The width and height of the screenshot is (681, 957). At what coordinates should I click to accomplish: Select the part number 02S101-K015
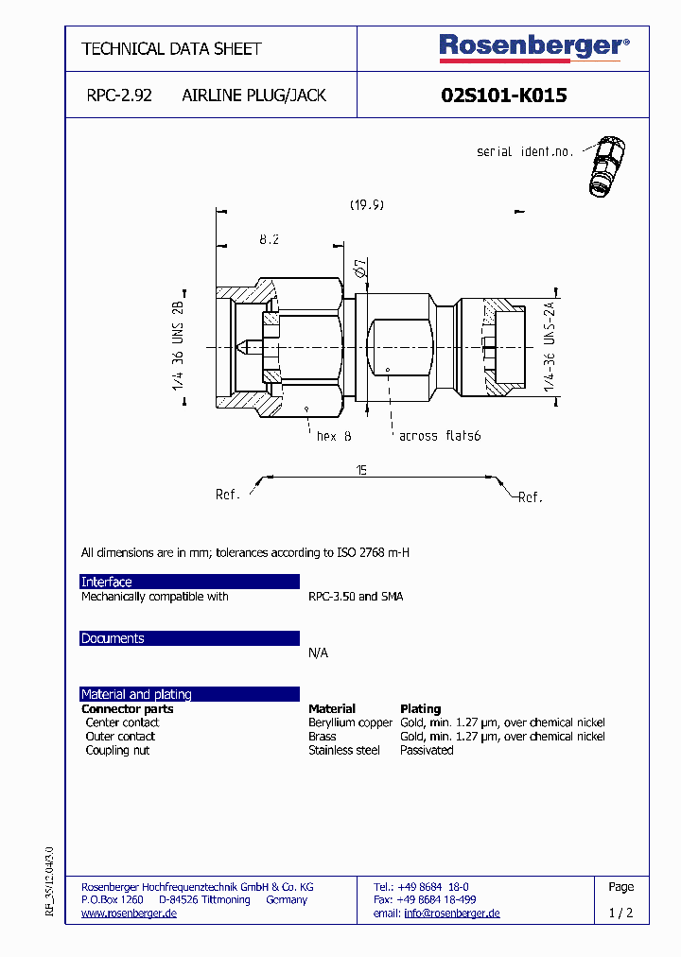pos(504,96)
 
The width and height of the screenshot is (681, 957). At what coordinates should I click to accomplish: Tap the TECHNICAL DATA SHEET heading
pos(171,48)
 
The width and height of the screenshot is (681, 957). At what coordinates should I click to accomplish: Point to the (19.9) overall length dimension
pos(366,204)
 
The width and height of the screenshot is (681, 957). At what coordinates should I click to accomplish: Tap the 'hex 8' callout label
pos(334,436)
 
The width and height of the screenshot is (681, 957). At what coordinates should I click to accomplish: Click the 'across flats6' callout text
pos(440,436)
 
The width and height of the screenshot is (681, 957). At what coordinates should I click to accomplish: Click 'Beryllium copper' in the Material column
pos(350,722)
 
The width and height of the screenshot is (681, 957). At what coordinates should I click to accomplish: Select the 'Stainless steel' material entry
pos(344,750)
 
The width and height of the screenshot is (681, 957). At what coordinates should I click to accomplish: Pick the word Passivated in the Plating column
pos(427,750)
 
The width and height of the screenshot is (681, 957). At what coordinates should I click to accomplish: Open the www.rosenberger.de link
pos(129,913)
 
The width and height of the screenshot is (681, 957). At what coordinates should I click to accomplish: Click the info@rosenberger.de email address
pos(451,913)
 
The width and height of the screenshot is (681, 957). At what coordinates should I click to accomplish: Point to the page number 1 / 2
pos(620,913)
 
